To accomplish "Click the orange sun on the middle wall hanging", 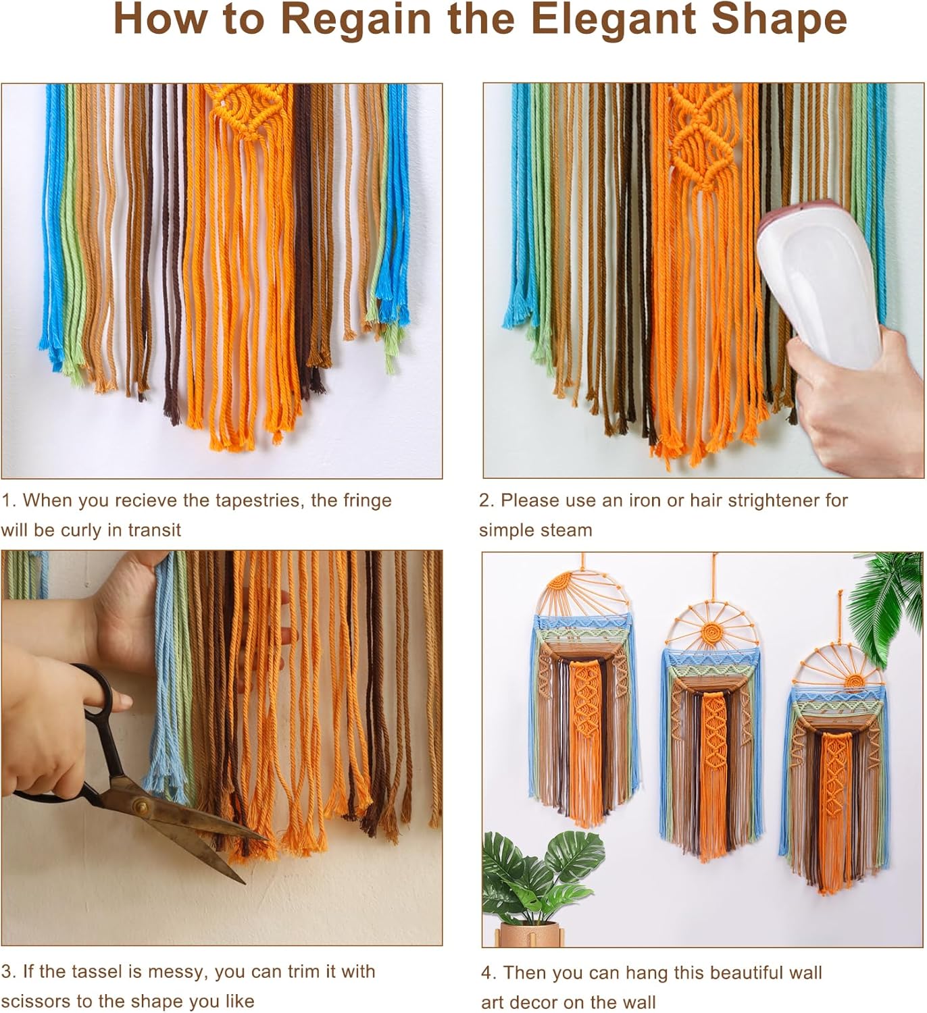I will (711, 633).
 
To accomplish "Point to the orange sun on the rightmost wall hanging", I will (856, 679).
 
